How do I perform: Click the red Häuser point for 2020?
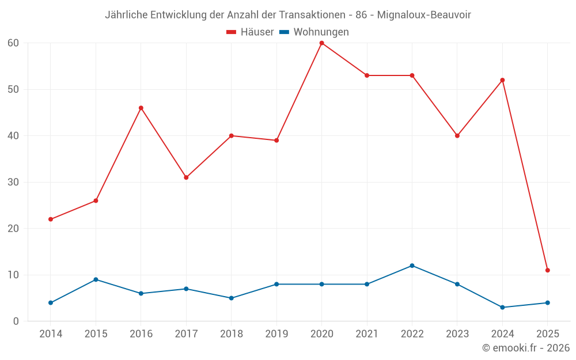321,43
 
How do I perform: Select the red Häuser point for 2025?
547,270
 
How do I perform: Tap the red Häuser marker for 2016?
141,108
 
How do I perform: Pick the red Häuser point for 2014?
51,219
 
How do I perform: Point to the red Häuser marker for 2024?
502,80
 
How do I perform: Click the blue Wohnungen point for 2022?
412,266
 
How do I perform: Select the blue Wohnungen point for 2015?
96,279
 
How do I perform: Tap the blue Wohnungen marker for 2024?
502,308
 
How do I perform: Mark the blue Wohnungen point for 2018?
232,298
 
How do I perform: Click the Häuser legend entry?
250,32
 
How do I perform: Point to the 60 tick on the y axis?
13,43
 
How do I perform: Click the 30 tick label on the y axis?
13,182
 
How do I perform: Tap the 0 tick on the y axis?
16,321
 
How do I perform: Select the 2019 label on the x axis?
276,334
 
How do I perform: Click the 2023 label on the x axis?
457,334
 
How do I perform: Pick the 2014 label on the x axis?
51,334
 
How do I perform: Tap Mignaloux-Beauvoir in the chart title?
424,15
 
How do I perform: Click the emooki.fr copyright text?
525,348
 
